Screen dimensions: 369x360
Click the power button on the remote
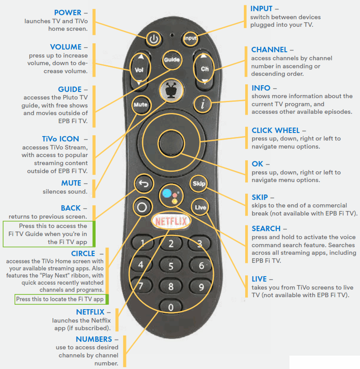tap(154, 39)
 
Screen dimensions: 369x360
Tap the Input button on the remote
tap(191, 39)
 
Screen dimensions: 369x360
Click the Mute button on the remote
tap(140, 105)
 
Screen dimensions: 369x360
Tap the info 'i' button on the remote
tap(203, 105)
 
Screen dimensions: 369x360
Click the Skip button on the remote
tap(198, 183)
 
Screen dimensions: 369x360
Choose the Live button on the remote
tap(200, 207)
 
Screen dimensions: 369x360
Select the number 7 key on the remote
tap(140, 286)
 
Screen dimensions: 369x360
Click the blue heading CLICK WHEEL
tap(276, 131)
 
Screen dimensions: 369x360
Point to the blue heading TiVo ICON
tap(60, 139)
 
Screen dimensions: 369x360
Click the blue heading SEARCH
tap(266, 229)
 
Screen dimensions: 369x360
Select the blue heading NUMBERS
tap(94, 340)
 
